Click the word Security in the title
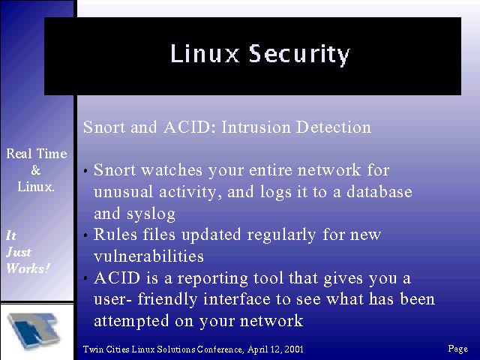coord(299,55)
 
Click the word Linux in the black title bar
coord(205,53)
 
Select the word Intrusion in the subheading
coord(256,127)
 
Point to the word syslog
coord(151,214)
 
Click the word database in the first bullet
coord(379,192)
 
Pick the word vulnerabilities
coord(148,256)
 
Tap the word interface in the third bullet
coord(237,299)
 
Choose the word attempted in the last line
coord(131,321)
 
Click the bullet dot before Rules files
coord(86,235)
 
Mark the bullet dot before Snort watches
coord(86,171)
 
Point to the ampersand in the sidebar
coord(35,170)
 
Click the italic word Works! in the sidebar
coord(28,268)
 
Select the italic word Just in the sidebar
coord(19,252)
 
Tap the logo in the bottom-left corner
coord(34,331)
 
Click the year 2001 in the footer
coord(293,349)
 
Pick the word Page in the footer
coord(458,349)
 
